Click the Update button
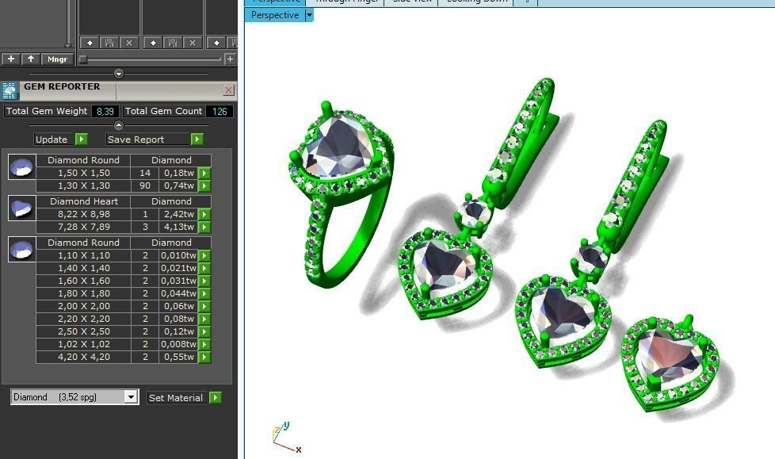pos(52,140)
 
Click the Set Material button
pos(176,398)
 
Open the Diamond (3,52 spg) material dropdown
pos(131,397)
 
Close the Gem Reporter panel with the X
pos(229,90)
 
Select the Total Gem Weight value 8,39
pos(105,112)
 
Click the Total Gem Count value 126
pos(220,112)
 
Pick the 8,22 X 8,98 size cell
pos(83,214)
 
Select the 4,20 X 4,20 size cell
pos(83,357)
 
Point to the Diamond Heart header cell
pos(83,201)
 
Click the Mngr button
pos(57,59)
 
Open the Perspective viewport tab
pos(275,15)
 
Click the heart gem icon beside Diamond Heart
pos(21,208)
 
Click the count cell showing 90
pos(145,186)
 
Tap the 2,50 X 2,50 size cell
pos(83,331)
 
